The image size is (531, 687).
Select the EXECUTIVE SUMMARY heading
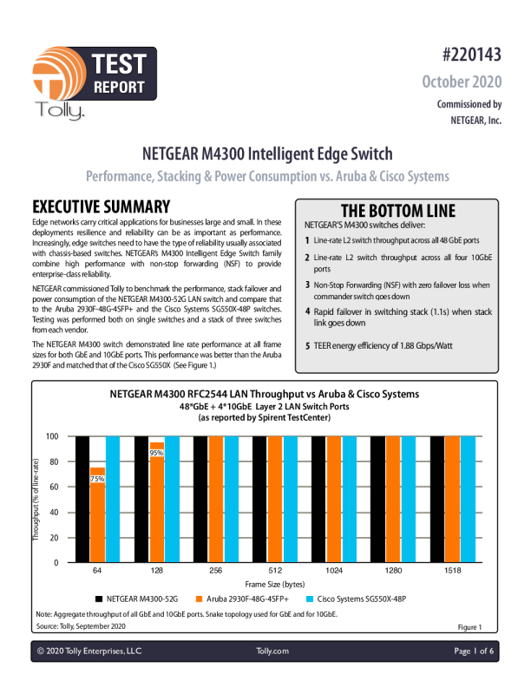tap(101, 207)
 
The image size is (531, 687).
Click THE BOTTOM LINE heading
tap(397, 211)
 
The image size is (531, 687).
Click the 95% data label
tap(156, 453)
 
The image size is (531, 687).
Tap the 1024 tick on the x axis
tap(334, 572)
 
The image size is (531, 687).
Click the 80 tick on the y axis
tap(54, 462)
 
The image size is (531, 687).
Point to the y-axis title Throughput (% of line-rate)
tap(36, 500)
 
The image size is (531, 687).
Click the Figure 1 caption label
tap(469, 626)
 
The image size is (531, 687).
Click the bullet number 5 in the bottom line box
tap(307, 347)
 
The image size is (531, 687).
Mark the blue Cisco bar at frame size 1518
tap(469, 500)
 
